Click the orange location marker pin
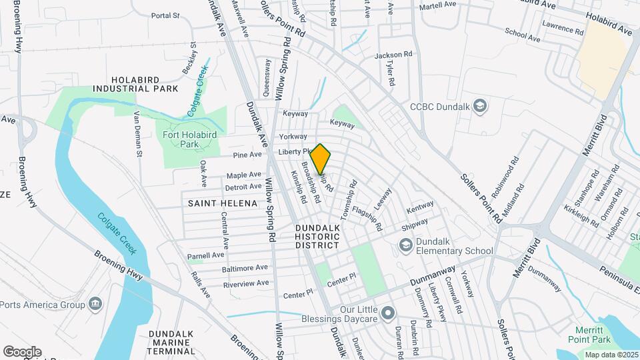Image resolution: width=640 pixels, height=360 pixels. tap(321, 159)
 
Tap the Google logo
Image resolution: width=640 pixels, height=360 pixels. tap(22, 351)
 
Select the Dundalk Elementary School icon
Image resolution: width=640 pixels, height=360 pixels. tap(405, 245)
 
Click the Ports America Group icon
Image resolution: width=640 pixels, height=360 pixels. tap(95, 305)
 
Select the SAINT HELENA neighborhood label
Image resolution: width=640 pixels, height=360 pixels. tap(222, 203)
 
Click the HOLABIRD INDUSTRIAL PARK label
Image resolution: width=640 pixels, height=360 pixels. tap(135, 83)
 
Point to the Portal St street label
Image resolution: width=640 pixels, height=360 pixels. tap(165, 15)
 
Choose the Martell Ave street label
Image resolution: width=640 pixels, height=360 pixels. tap(437, 5)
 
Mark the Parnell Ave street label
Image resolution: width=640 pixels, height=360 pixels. tap(205, 255)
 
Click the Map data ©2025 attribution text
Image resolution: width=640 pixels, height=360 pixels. tap(609, 354)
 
